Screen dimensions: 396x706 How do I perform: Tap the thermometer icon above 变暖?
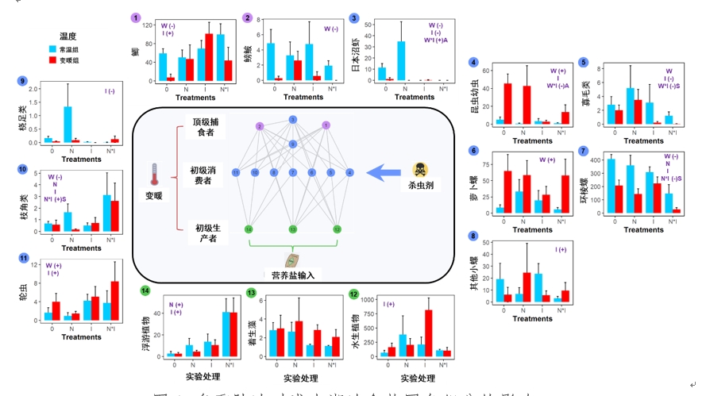(x=154, y=173)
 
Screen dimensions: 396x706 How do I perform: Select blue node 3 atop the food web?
(x=292, y=120)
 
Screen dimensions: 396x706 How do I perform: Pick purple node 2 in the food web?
(x=259, y=126)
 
